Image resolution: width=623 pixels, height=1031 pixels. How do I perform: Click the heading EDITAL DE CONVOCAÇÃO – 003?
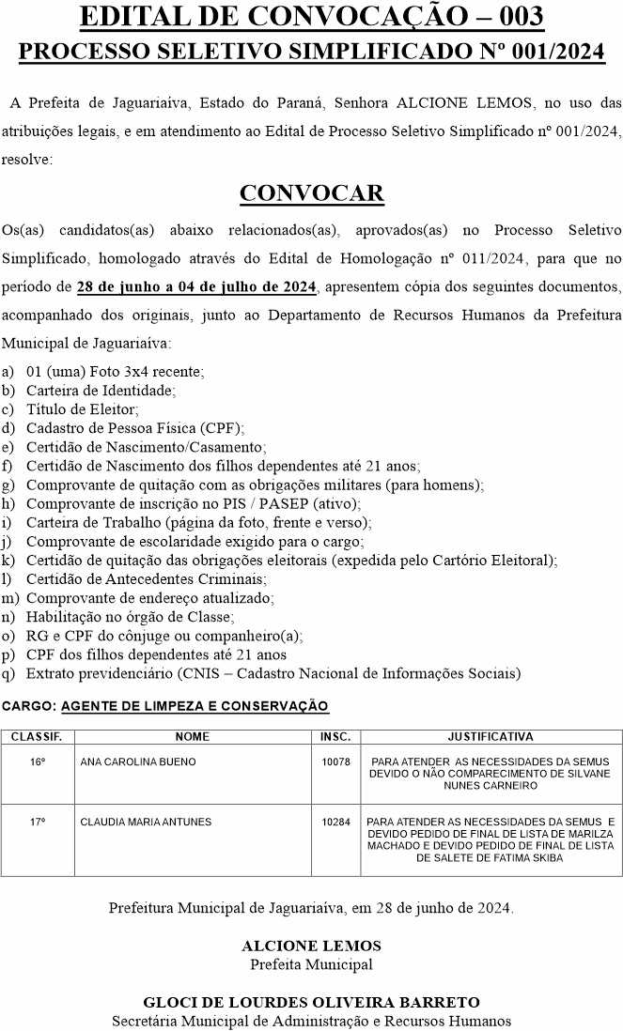tap(311, 16)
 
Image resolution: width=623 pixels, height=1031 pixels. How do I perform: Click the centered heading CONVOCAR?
tap(311, 192)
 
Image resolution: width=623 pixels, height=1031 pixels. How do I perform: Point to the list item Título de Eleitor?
tap(83, 408)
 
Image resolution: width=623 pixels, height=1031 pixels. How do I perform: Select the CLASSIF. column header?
tap(37, 737)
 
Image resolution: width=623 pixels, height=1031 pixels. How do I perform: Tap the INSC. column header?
tap(335, 737)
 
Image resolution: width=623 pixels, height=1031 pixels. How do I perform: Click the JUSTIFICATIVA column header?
tap(491, 737)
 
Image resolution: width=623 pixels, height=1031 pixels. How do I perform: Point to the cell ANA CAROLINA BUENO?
tap(138, 762)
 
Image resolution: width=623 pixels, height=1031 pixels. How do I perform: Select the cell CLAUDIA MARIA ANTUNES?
tap(146, 822)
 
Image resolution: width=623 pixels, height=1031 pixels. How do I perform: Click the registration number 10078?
tap(335, 762)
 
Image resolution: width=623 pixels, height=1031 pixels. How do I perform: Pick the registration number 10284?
tap(335, 822)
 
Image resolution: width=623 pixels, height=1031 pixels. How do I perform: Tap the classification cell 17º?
tap(38, 822)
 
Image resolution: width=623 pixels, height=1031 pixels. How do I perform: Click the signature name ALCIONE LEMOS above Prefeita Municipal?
tap(311, 946)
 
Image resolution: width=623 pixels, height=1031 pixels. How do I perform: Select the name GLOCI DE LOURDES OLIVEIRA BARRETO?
tap(311, 1002)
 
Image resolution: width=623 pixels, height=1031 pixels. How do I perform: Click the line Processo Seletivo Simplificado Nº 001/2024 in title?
tap(311, 52)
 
